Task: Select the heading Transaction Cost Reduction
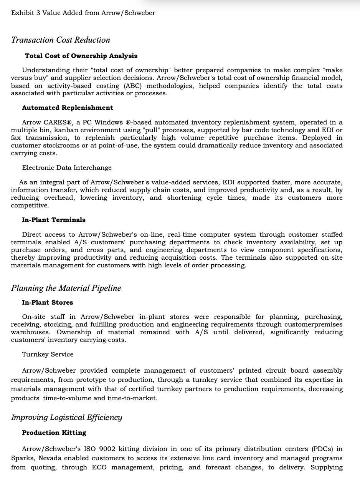61,40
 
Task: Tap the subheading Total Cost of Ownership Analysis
81,56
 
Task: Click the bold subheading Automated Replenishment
68,108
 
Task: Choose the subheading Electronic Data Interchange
67,168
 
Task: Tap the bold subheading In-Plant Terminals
54,220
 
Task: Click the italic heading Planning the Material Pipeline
66,288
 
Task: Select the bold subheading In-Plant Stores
48,303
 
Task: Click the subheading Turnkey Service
48,355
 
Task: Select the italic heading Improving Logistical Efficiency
67,418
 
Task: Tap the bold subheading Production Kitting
54,433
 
